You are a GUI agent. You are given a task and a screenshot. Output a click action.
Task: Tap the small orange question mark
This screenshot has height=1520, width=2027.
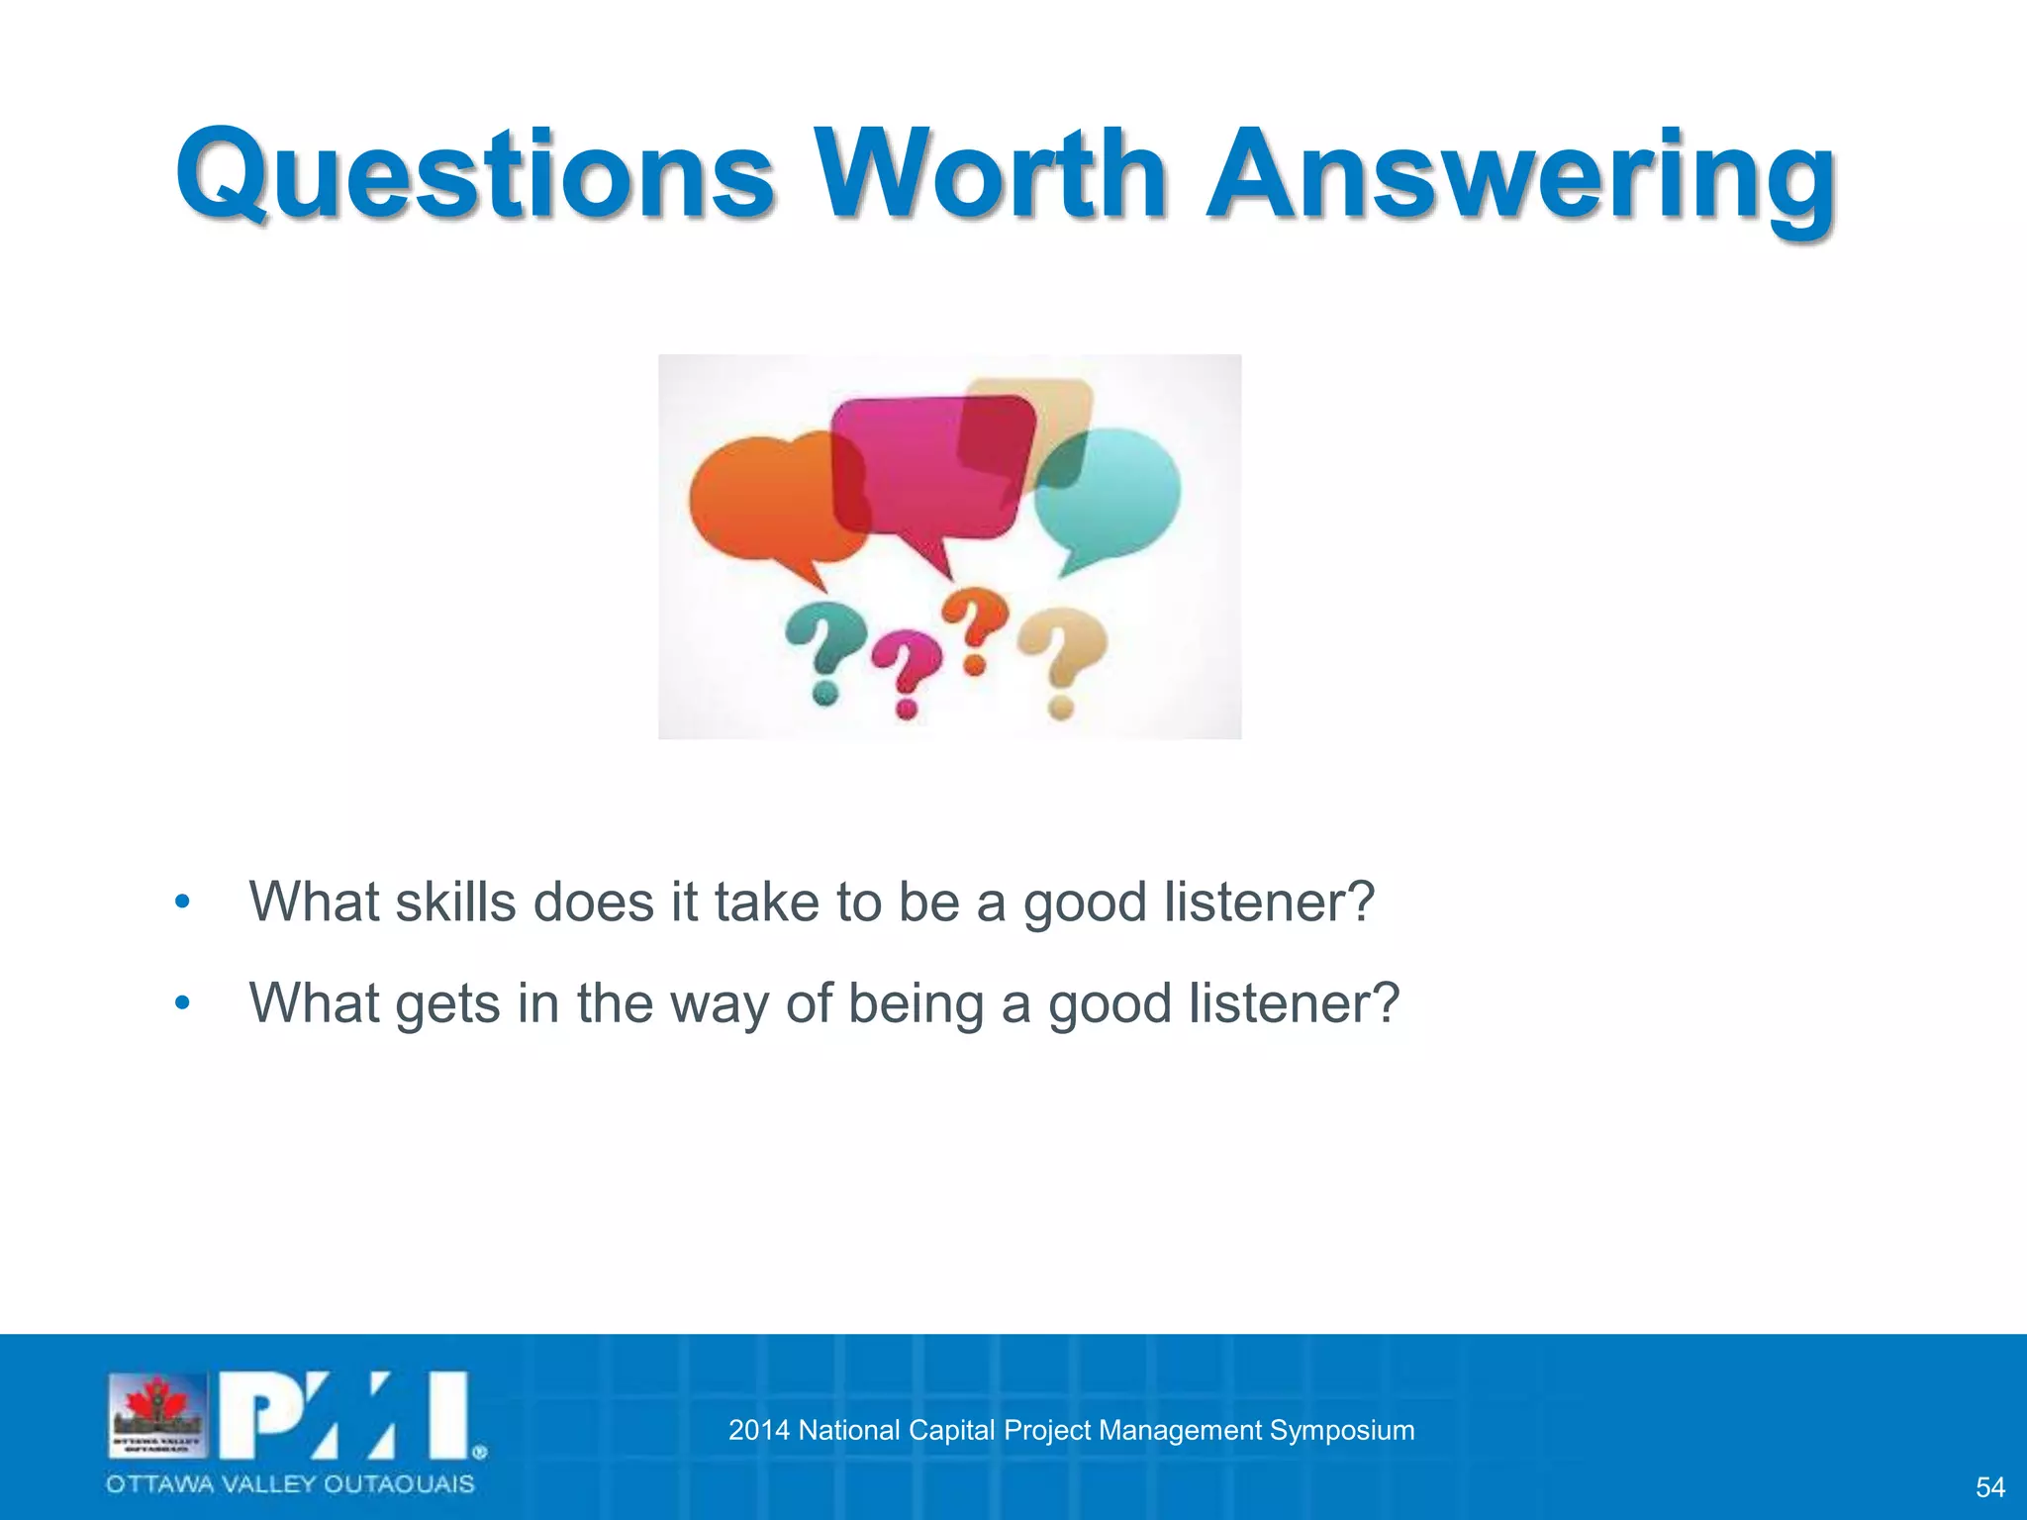point(975,629)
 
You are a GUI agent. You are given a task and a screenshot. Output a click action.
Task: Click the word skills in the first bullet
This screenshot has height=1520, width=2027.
point(455,902)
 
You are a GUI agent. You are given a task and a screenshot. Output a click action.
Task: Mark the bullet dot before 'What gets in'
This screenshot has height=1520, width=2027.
point(182,1003)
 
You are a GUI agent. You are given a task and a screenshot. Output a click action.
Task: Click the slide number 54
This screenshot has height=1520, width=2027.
point(1989,1487)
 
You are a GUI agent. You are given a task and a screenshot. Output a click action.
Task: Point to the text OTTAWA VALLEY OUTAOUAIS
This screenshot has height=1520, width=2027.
point(290,1484)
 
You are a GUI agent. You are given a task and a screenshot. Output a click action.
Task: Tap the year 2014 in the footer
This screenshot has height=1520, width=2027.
point(758,1430)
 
